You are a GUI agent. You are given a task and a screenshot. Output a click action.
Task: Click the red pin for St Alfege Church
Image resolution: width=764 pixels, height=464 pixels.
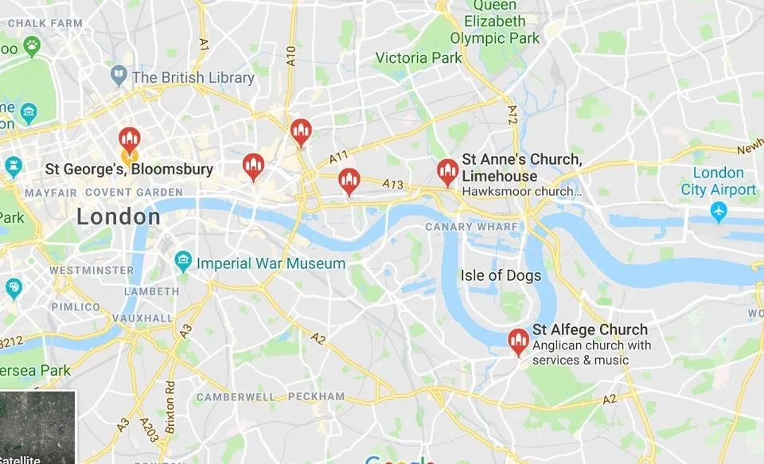(518, 342)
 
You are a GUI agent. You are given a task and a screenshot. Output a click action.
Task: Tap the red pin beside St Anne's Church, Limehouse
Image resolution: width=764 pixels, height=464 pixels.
(448, 171)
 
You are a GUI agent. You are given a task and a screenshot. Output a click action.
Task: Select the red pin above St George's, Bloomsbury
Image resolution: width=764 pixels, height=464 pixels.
(130, 139)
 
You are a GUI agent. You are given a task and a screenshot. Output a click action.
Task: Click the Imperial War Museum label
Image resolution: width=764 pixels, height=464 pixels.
(271, 263)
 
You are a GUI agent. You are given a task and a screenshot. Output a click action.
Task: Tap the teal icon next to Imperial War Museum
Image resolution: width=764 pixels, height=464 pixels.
(184, 260)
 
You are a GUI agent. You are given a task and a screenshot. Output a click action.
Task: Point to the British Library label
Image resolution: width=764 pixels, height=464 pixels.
(193, 78)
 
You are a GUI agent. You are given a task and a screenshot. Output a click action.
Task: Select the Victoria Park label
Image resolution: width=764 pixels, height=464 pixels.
(419, 58)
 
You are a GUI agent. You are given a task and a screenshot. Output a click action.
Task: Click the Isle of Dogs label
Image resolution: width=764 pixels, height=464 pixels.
(501, 276)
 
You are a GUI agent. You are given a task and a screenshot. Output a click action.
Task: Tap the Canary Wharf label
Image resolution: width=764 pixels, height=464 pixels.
(472, 227)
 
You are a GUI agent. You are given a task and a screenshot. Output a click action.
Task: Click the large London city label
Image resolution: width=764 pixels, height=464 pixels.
(119, 216)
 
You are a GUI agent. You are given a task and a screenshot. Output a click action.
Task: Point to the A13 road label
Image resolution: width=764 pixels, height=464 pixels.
(393, 185)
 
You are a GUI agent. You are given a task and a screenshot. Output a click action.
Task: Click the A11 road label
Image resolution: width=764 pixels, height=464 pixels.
(340, 154)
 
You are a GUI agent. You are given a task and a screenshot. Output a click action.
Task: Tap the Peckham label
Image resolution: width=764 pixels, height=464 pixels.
(317, 396)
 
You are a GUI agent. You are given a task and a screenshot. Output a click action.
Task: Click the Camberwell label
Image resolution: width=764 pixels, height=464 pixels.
(236, 396)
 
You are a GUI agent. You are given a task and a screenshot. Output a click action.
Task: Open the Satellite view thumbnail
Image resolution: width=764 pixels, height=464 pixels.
(37, 427)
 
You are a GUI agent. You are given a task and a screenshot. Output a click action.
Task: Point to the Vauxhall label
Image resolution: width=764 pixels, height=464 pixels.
(142, 318)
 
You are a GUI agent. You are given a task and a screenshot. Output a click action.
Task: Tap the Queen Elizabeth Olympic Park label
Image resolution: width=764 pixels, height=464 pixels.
(494, 21)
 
